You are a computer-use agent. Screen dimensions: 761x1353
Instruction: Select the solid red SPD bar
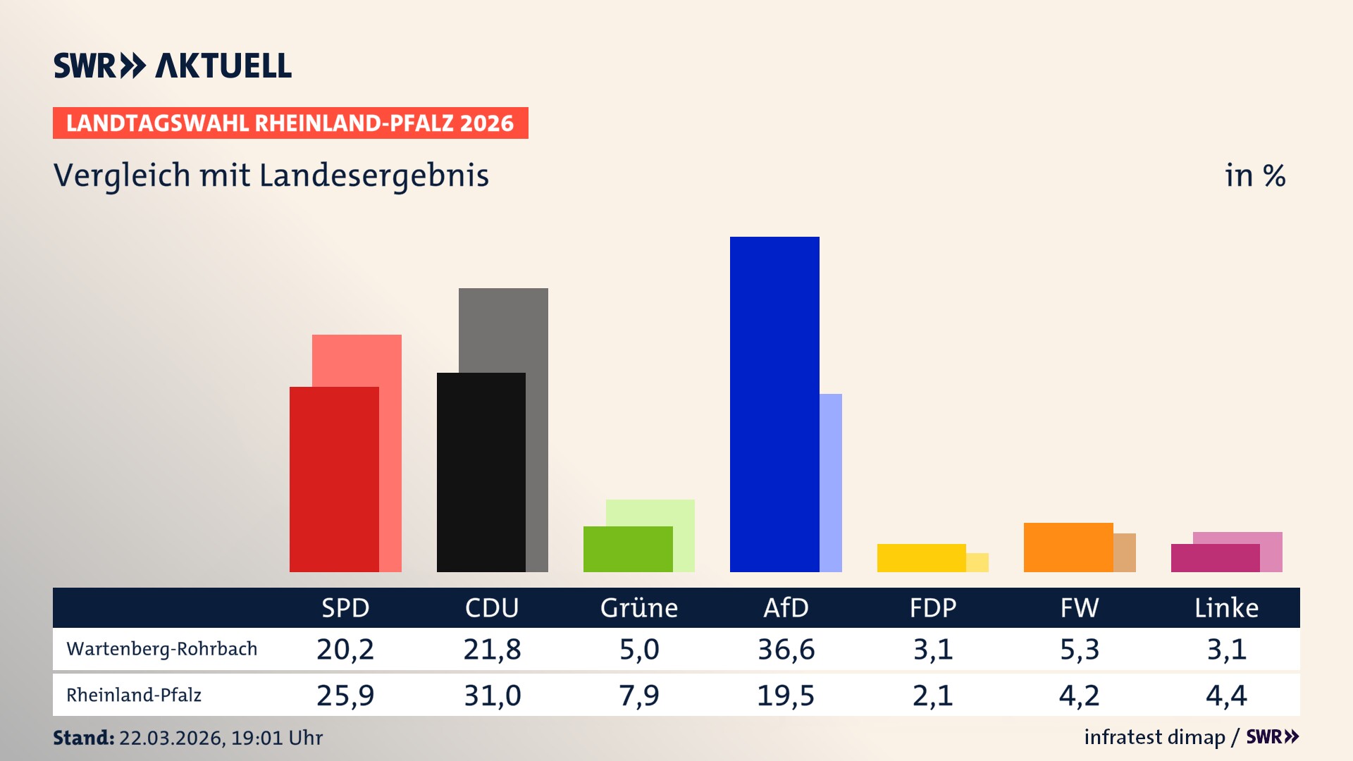[334, 479]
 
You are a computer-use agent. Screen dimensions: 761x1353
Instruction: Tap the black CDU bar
[481, 472]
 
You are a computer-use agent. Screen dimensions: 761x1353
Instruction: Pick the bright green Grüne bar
[627, 549]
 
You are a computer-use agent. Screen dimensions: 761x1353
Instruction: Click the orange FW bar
[1068, 547]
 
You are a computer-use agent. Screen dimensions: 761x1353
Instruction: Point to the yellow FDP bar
[921, 557]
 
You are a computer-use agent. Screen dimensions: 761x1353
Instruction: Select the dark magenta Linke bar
[1215, 558]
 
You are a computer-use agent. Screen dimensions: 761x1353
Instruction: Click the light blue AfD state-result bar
[831, 483]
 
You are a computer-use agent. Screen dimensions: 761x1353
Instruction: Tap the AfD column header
[786, 607]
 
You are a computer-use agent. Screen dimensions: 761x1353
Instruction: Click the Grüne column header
[638, 607]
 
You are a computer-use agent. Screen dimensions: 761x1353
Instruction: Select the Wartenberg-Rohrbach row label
[162, 649]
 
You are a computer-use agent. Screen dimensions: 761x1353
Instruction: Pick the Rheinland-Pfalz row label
[134, 695]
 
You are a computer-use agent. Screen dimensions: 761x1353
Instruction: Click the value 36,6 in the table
[786, 649]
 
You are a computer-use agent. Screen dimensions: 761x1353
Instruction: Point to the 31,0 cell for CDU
[492, 695]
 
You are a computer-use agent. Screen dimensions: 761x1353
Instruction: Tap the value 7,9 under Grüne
[638, 695]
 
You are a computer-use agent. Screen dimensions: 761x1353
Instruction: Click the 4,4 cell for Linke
[1226, 695]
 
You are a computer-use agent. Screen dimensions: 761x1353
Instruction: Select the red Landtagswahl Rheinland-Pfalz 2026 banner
[290, 123]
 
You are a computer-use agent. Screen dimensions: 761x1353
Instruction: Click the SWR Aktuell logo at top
[173, 66]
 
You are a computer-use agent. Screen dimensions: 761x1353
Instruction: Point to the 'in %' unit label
[1255, 175]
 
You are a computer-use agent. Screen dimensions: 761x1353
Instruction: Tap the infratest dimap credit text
[1154, 737]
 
